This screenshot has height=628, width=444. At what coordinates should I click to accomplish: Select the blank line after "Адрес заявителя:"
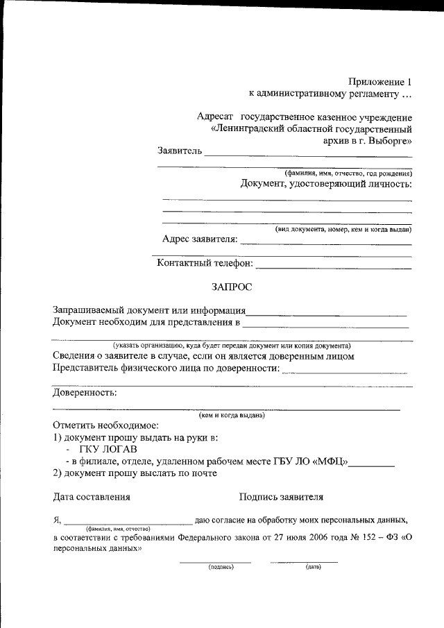[x=326, y=244]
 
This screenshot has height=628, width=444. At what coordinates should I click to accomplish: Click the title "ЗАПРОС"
[x=232, y=286]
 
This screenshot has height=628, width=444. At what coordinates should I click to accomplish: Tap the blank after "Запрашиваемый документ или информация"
[x=327, y=314]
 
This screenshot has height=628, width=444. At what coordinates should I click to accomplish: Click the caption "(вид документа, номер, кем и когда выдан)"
[x=343, y=229]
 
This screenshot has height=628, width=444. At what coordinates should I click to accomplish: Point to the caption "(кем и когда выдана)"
[x=231, y=416]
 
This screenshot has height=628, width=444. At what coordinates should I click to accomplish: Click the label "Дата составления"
[x=92, y=497]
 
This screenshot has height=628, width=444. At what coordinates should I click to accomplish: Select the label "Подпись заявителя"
[x=281, y=497]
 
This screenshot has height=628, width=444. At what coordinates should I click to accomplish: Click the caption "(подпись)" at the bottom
[x=221, y=567]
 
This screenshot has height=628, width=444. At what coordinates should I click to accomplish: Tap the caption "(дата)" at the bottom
[x=312, y=567]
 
